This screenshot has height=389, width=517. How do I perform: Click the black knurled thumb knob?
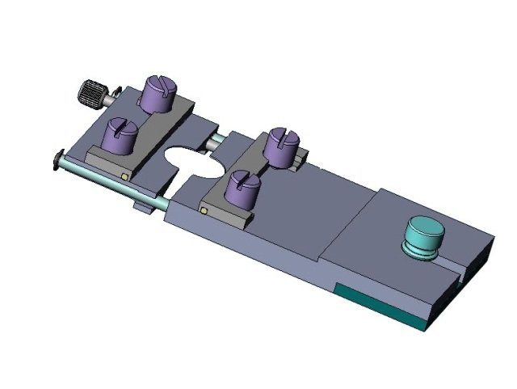pyautogui.click(x=90, y=91)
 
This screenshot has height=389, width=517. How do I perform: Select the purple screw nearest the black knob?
pyautogui.click(x=158, y=92)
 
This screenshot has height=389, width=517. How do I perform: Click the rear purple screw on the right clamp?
pyautogui.click(x=282, y=146)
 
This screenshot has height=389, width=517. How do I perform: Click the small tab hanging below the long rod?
pyautogui.click(x=142, y=209)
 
